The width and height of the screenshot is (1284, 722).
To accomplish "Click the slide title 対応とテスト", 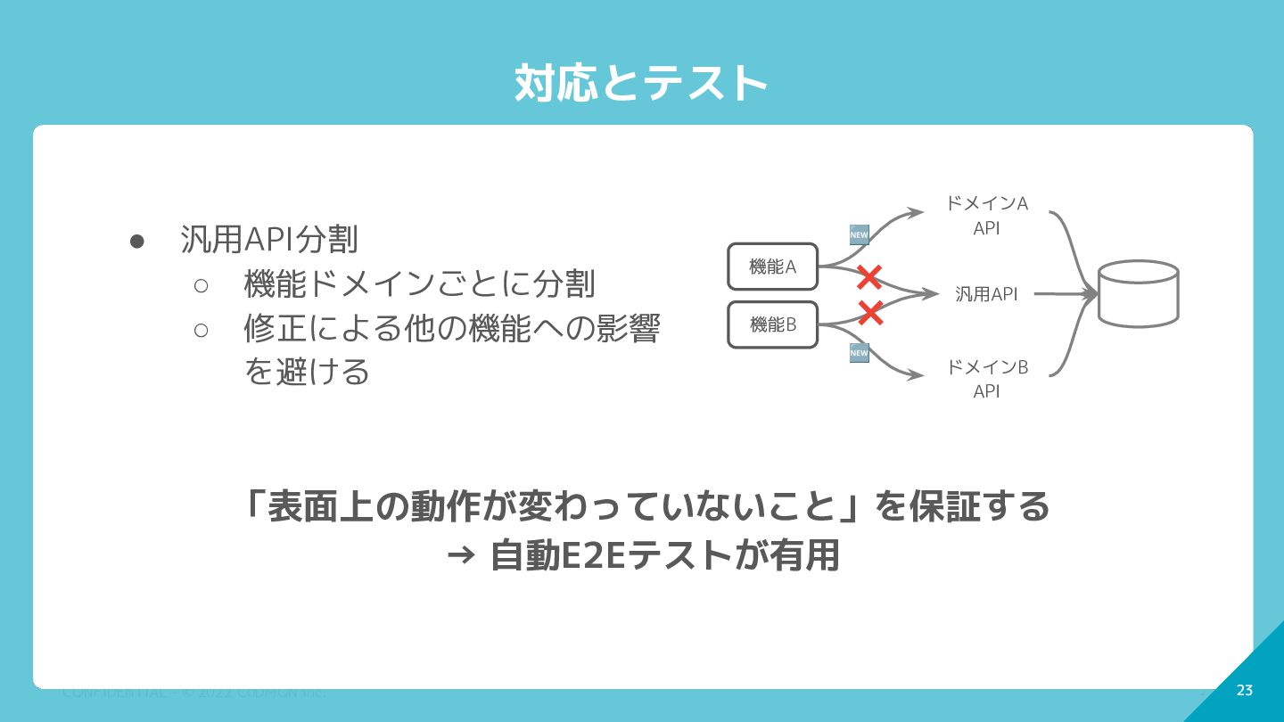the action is point(640,84).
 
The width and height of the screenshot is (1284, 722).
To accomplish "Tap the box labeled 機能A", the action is point(772,267).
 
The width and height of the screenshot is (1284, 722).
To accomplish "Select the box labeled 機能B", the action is point(772,324).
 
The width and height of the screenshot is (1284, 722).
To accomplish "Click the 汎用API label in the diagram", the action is point(986,294).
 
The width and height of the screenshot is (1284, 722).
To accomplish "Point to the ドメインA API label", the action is point(986,216).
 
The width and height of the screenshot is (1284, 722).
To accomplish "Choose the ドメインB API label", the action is point(986,379).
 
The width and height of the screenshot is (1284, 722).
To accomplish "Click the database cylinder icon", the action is point(1138,293).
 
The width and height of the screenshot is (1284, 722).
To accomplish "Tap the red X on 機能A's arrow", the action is point(868,278).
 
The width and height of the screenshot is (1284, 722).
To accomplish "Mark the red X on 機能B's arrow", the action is point(870,313).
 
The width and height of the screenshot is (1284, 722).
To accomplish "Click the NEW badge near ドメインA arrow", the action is point(859,235).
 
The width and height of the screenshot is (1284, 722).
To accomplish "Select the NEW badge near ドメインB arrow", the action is point(859,353).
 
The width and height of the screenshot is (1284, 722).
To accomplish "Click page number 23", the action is point(1245,691).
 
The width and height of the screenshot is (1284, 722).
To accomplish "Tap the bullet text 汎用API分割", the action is point(269,239).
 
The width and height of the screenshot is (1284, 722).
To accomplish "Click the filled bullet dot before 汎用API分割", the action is point(137,241).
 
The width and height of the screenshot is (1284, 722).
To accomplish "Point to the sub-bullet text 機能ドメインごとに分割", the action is point(419,284).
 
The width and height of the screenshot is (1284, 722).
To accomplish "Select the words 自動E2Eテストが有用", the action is point(665,556).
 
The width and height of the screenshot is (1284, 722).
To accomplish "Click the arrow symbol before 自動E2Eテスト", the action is point(460,556).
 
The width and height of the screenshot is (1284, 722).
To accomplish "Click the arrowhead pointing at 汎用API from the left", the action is point(932,293).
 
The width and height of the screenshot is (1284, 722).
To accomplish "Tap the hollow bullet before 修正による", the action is point(201,330).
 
